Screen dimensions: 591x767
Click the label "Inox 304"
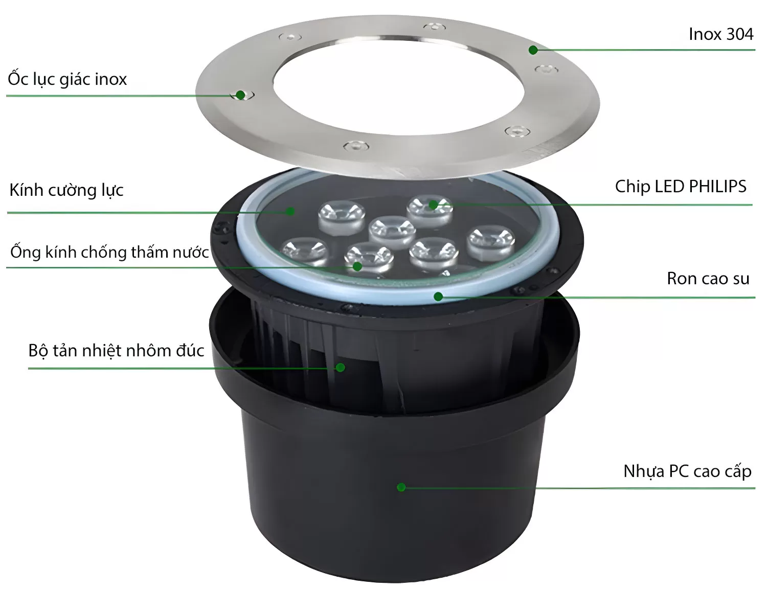pos(720,34)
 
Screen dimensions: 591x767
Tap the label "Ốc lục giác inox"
pos(67,79)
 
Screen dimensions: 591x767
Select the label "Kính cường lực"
pos(66,190)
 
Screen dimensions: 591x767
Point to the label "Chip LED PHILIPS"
pos(680,187)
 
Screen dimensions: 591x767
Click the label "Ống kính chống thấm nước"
pos(109,252)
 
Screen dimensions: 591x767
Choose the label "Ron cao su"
pos(708,279)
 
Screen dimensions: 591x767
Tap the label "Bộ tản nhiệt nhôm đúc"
pos(116,351)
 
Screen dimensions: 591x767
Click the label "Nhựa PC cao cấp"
pos(687,471)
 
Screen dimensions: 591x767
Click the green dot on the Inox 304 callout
pos(533,50)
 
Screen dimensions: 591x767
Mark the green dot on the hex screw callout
pos(240,95)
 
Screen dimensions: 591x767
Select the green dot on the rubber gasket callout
pos(438,297)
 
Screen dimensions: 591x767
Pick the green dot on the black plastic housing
pos(401,487)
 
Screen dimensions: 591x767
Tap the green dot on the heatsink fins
pos(341,368)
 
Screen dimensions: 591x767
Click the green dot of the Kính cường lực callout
pos(291,211)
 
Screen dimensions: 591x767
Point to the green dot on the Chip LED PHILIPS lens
pos(433,205)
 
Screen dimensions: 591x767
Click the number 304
pos(739,34)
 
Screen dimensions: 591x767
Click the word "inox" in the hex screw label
pos(110,79)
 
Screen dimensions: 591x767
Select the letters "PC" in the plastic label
pos(679,471)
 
